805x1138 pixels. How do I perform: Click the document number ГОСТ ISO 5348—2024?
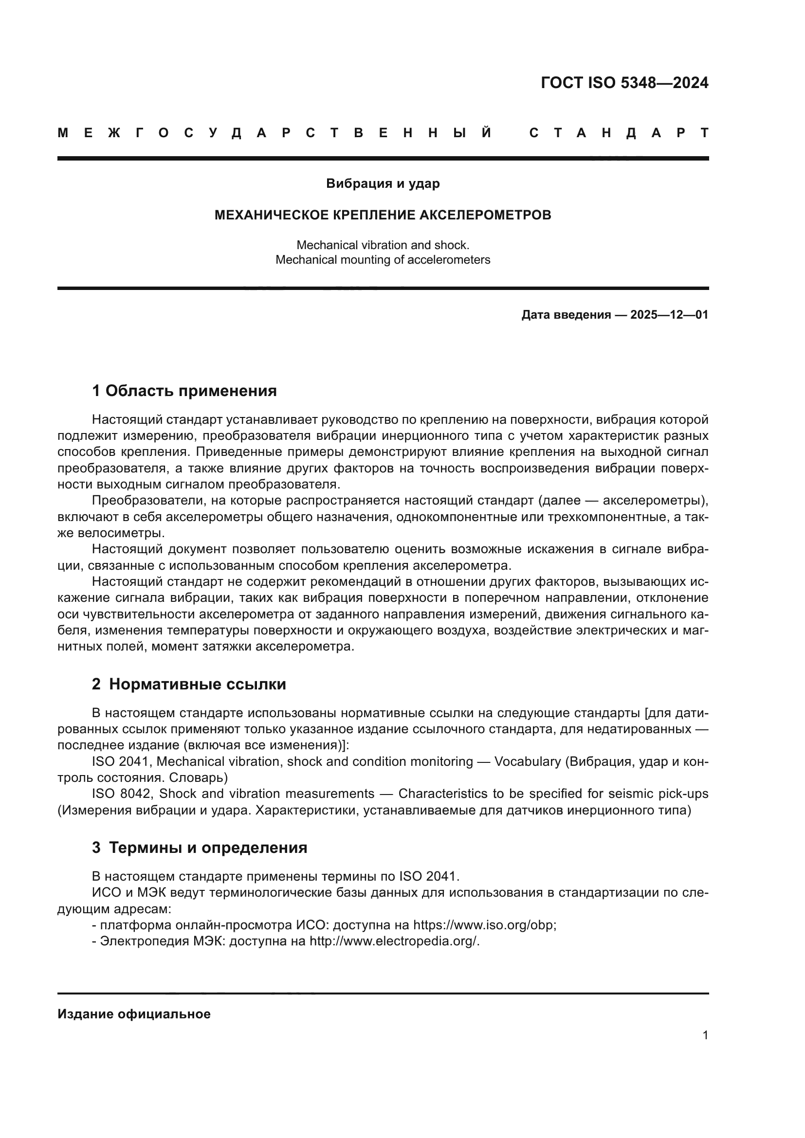[624, 83]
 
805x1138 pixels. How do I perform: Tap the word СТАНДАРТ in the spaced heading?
[619, 133]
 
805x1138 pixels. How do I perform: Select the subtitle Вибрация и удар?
[383, 184]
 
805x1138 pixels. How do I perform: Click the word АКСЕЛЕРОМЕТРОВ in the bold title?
[485, 215]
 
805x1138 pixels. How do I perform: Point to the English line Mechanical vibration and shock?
[383, 245]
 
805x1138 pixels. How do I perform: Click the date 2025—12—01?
[669, 315]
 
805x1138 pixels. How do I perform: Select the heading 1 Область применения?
[184, 391]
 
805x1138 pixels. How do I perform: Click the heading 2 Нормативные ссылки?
[189, 685]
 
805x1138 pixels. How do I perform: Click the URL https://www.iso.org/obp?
[484, 925]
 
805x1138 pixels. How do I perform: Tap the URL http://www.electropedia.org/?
[394, 941]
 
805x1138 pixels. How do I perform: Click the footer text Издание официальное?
[134, 1014]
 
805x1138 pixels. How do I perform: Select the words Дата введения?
[566, 315]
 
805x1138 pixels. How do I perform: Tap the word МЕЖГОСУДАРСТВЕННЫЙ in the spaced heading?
[274, 133]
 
